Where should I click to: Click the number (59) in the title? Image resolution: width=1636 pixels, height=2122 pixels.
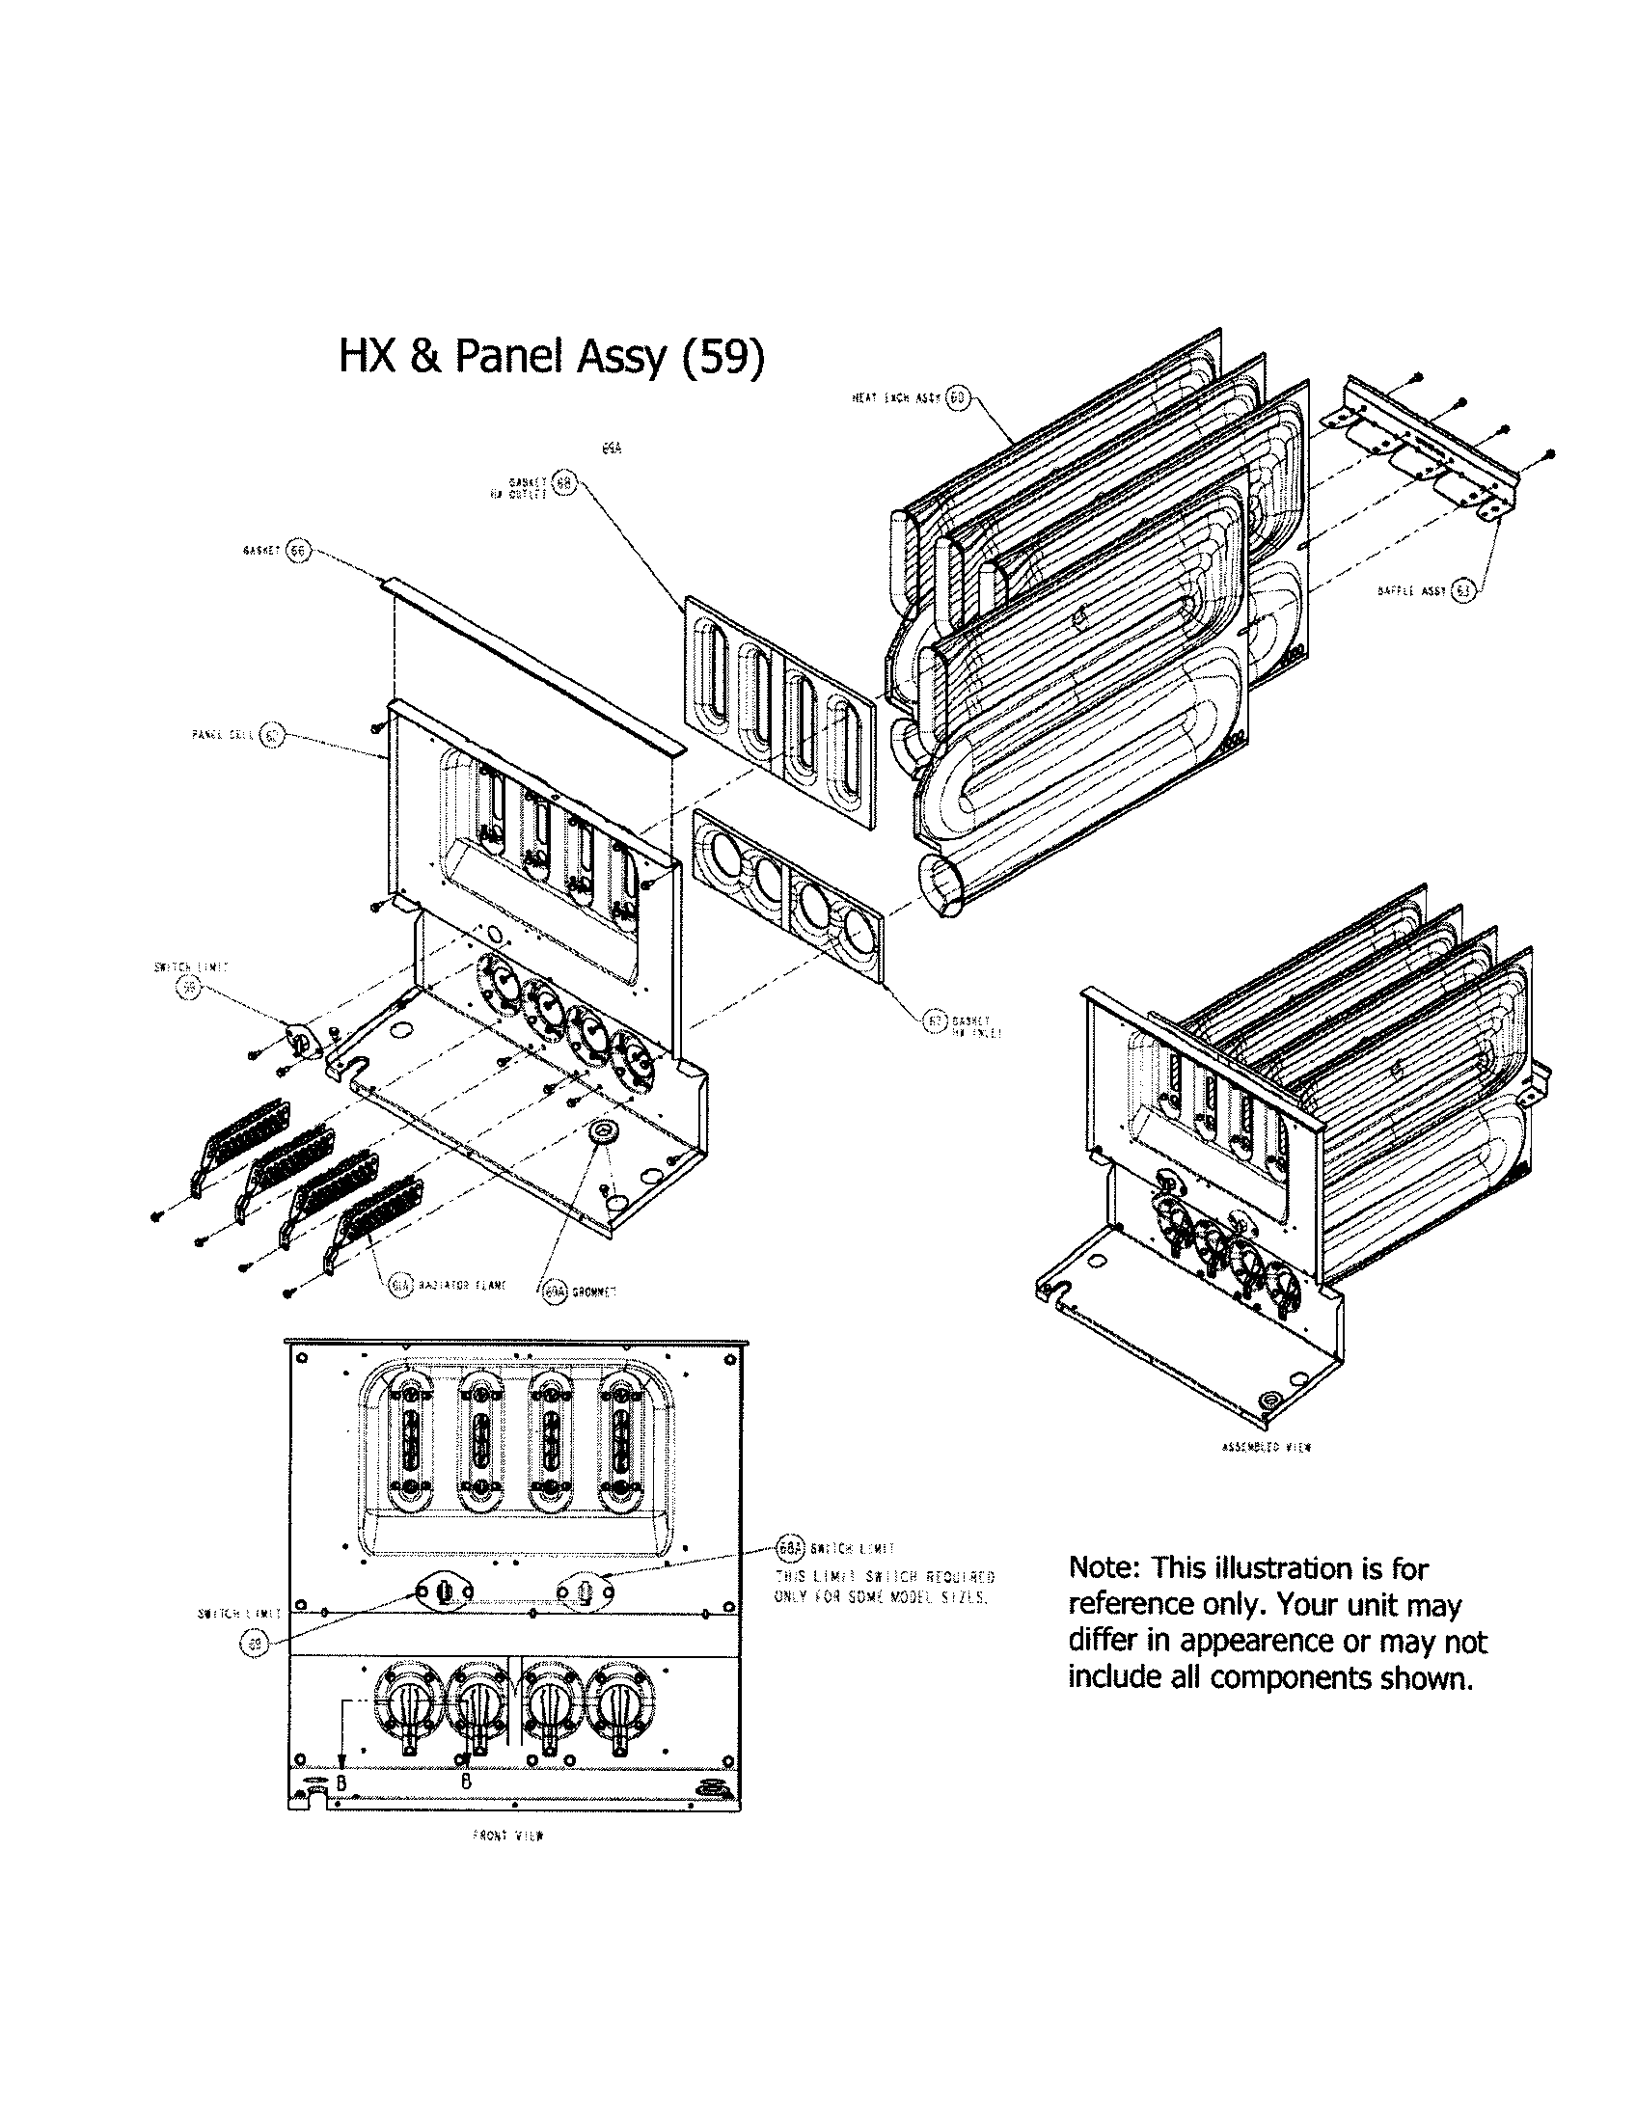pyautogui.click(x=723, y=357)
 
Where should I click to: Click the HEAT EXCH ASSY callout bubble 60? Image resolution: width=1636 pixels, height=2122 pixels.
pyautogui.click(x=957, y=398)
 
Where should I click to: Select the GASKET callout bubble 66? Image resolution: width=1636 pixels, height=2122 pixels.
pyautogui.click(x=297, y=550)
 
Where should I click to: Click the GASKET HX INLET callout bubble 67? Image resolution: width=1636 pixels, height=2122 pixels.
pyautogui.click(x=935, y=1020)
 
